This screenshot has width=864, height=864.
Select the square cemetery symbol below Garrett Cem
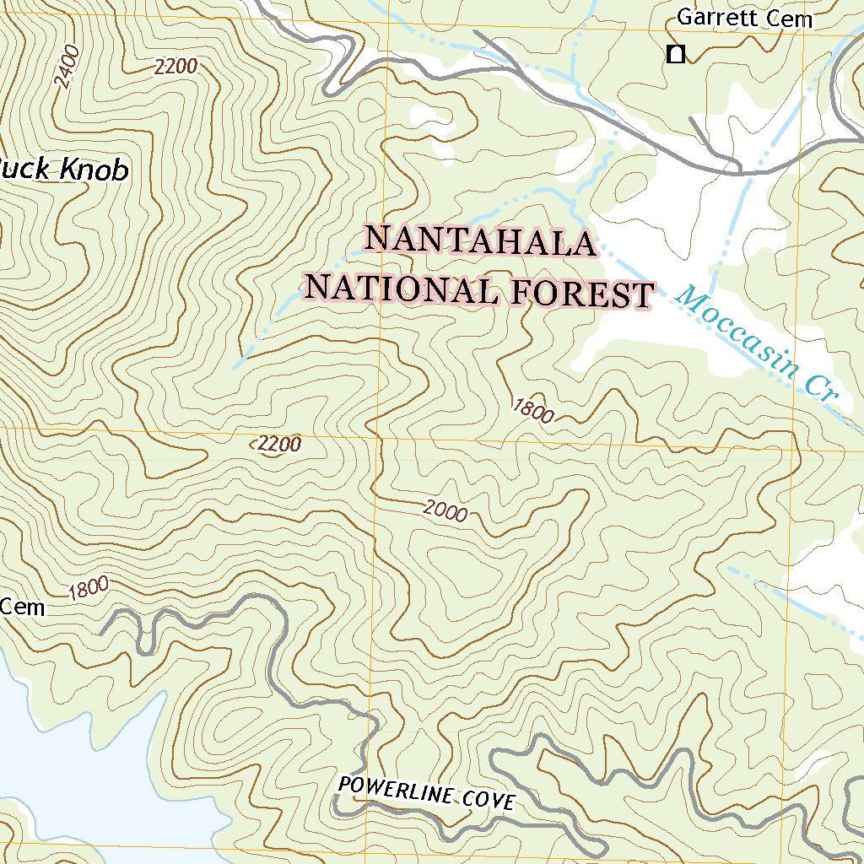click(675, 55)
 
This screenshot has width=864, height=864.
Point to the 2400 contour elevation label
click(65, 68)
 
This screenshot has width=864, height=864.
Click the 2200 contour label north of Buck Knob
click(175, 67)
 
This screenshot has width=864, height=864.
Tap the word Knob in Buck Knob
click(94, 170)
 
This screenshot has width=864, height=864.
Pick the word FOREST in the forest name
click(583, 294)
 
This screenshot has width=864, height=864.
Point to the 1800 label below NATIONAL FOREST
click(533, 411)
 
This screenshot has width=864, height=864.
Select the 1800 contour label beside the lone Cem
click(89, 587)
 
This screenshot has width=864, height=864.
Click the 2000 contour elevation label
click(445, 510)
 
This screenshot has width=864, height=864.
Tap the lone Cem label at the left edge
click(23, 607)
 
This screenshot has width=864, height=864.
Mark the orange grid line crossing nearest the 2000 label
click(377, 439)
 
